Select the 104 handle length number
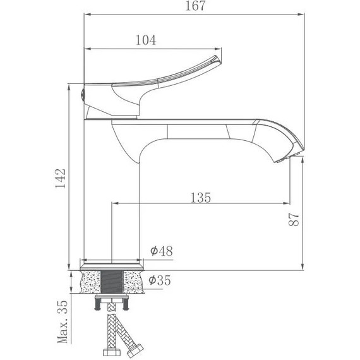click(x=146, y=40)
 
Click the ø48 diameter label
click(x=161, y=251)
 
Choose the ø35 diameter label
click(x=161, y=279)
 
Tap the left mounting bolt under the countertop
click(x=97, y=304)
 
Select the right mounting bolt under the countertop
click(x=127, y=304)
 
